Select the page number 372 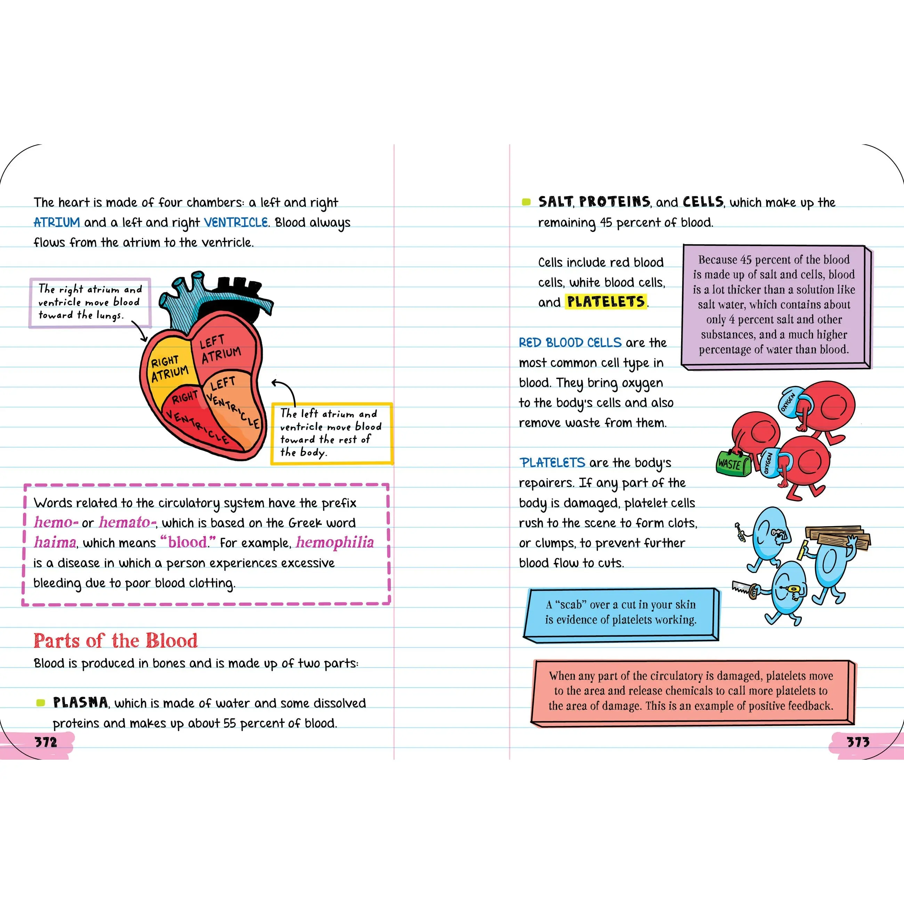click(x=46, y=742)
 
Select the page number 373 click(x=858, y=742)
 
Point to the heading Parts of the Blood click(x=115, y=640)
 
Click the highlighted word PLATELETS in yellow click(x=606, y=302)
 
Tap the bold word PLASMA click(x=80, y=702)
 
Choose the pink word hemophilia click(x=335, y=542)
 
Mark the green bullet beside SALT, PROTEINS click(x=526, y=202)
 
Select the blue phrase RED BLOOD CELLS click(x=570, y=342)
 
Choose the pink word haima click(x=55, y=542)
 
